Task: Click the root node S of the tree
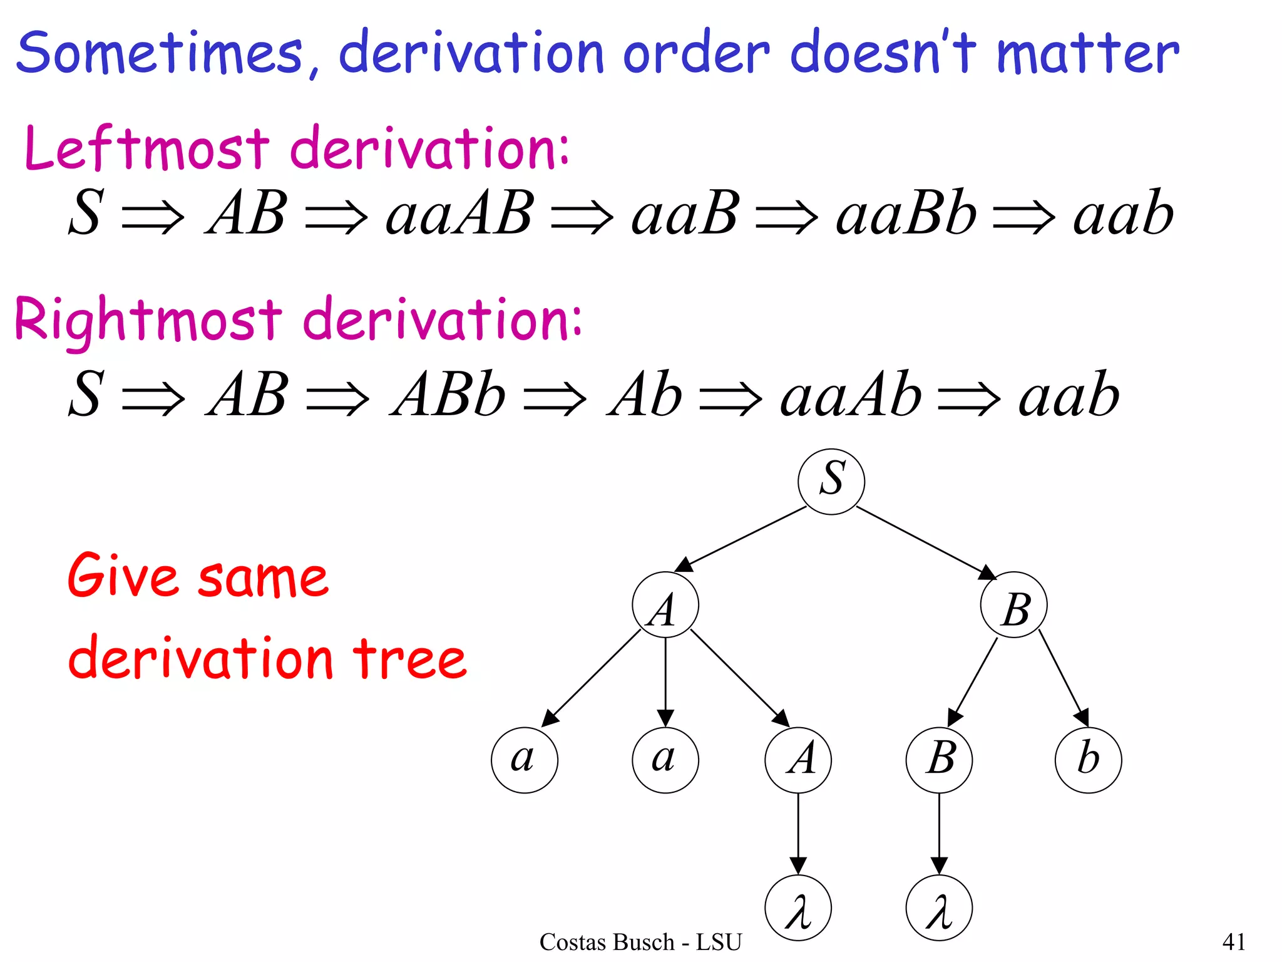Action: click(x=831, y=481)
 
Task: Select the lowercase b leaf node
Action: click(x=1088, y=759)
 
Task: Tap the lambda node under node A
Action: click(x=798, y=908)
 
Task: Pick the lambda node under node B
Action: click(x=939, y=908)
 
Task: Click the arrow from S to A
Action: click(x=742, y=538)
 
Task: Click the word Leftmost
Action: click(x=147, y=148)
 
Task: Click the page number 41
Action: click(x=1234, y=941)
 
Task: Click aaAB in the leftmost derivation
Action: click(x=460, y=214)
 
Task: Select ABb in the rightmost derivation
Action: click(x=448, y=395)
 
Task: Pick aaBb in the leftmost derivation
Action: click(x=906, y=214)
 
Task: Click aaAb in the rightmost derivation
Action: click(x=851, y=395)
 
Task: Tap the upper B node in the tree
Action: click(x=1013, y=605)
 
